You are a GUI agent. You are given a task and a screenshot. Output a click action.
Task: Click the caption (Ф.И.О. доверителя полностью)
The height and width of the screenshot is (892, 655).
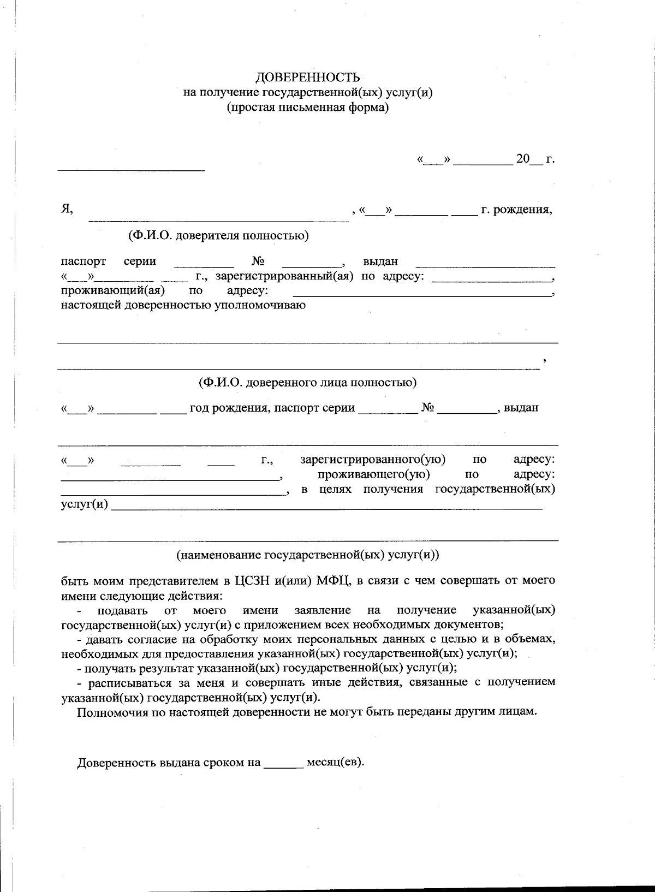(x=218, y=235)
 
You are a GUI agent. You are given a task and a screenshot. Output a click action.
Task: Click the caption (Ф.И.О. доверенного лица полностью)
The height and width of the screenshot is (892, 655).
(x=307, y=382)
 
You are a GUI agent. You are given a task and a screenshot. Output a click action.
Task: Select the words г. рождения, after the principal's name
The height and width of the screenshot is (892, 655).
(x=516, y=210)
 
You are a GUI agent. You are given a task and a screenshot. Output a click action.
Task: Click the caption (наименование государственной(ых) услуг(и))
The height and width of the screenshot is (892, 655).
(x=307, y=555)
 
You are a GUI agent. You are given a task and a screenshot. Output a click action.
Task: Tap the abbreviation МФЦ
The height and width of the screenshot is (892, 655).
(x=332, y=580)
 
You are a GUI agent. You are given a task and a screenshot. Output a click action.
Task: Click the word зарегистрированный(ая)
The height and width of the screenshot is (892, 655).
(x=284, y=276)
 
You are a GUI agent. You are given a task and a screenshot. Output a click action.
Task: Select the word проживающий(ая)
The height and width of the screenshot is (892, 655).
(x=113, y=290)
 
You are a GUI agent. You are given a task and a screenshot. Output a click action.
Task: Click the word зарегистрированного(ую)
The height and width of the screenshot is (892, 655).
(x=373, y=460)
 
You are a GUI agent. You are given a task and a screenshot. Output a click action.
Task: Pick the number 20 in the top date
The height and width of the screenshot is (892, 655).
(x=523, y=159)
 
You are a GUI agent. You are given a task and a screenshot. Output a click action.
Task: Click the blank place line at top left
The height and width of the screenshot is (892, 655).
(x=131, y=169)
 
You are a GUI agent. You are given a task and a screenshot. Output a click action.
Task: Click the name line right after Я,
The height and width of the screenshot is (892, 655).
(x=218, y=218)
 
